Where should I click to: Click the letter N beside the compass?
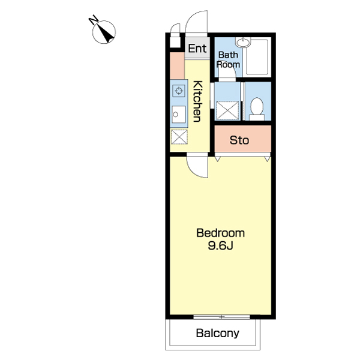[93, 20]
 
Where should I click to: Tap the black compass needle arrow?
[106, 34]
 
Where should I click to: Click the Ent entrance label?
[197, 49]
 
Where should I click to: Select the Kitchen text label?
[197, 101]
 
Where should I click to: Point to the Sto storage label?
[239, 140]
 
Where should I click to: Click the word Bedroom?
[220, 233]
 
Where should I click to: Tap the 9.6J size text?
[220, 245]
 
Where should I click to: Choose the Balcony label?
[217, 333]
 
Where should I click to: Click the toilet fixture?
[257, 109]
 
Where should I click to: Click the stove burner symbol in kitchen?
[179, 91]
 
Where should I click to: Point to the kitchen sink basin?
[179, 115]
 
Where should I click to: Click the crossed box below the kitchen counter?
[179, 137]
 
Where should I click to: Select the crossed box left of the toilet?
[227, 110]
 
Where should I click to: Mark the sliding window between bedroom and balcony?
[221, 317]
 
